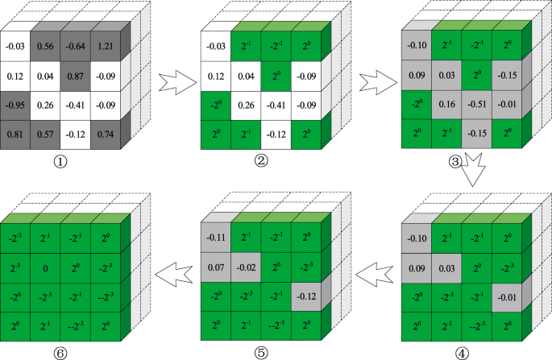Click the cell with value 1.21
click(106, 48)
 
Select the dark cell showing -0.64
click(76, 48)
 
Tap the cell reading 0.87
click(76, 78)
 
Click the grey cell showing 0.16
click(446, 103)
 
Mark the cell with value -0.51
click(477, 103)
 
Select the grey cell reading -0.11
click(216, 238)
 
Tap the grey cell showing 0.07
click(216, 266)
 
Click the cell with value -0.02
click(246, 266)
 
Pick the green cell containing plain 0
click(47, 267)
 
